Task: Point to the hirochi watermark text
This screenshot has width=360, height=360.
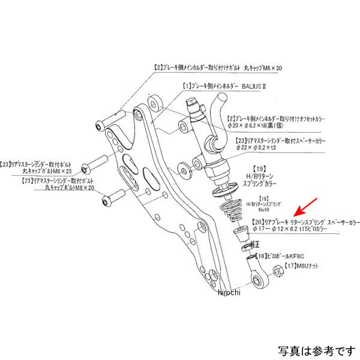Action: point(228,292)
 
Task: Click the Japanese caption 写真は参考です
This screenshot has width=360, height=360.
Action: point(316,350)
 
